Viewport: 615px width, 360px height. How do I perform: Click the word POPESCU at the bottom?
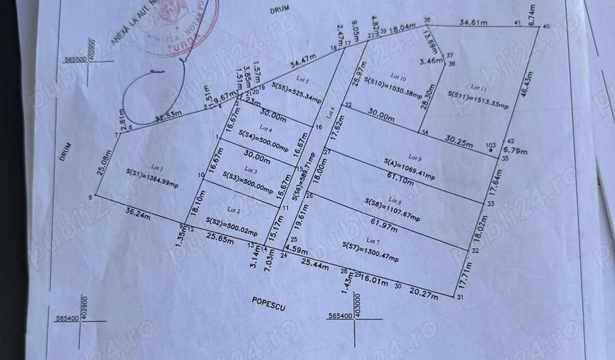coord(267,307)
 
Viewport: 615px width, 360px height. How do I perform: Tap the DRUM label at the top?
coord(276,10)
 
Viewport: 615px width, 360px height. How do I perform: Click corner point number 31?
coord(460,299)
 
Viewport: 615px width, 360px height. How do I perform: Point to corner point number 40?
coord(545,27)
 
